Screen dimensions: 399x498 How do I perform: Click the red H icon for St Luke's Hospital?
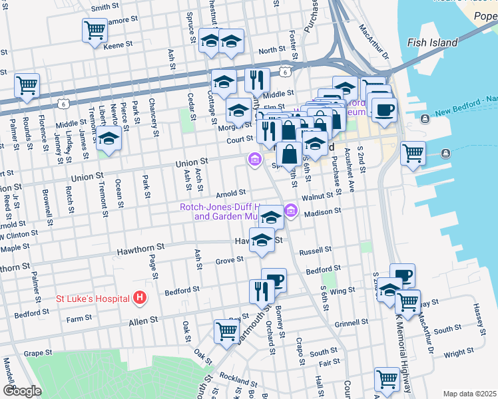pyautogui.click(x=139, y=297)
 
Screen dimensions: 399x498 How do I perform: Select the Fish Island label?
pyautogui.click(x=432, y=43)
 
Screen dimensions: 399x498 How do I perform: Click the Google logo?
pyautogui.click(x=22, y=391)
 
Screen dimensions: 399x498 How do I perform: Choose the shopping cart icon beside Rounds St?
pyautogui.click(x=27, y=85)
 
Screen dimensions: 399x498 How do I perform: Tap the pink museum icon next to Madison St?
pyautogui.click(x=290, y=211)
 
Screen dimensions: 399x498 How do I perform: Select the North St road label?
pyautogui.click(x=272, y=51)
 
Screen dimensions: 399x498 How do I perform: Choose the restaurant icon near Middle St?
pyautogui.click(x=256, y=80)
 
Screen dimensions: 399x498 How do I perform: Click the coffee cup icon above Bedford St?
pyautogui.click(x=274, y=279)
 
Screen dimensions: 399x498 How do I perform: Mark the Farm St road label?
pyautogui.click(x=79, y=319)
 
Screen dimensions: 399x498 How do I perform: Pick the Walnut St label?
pyautogui.click(x=317, y=196)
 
